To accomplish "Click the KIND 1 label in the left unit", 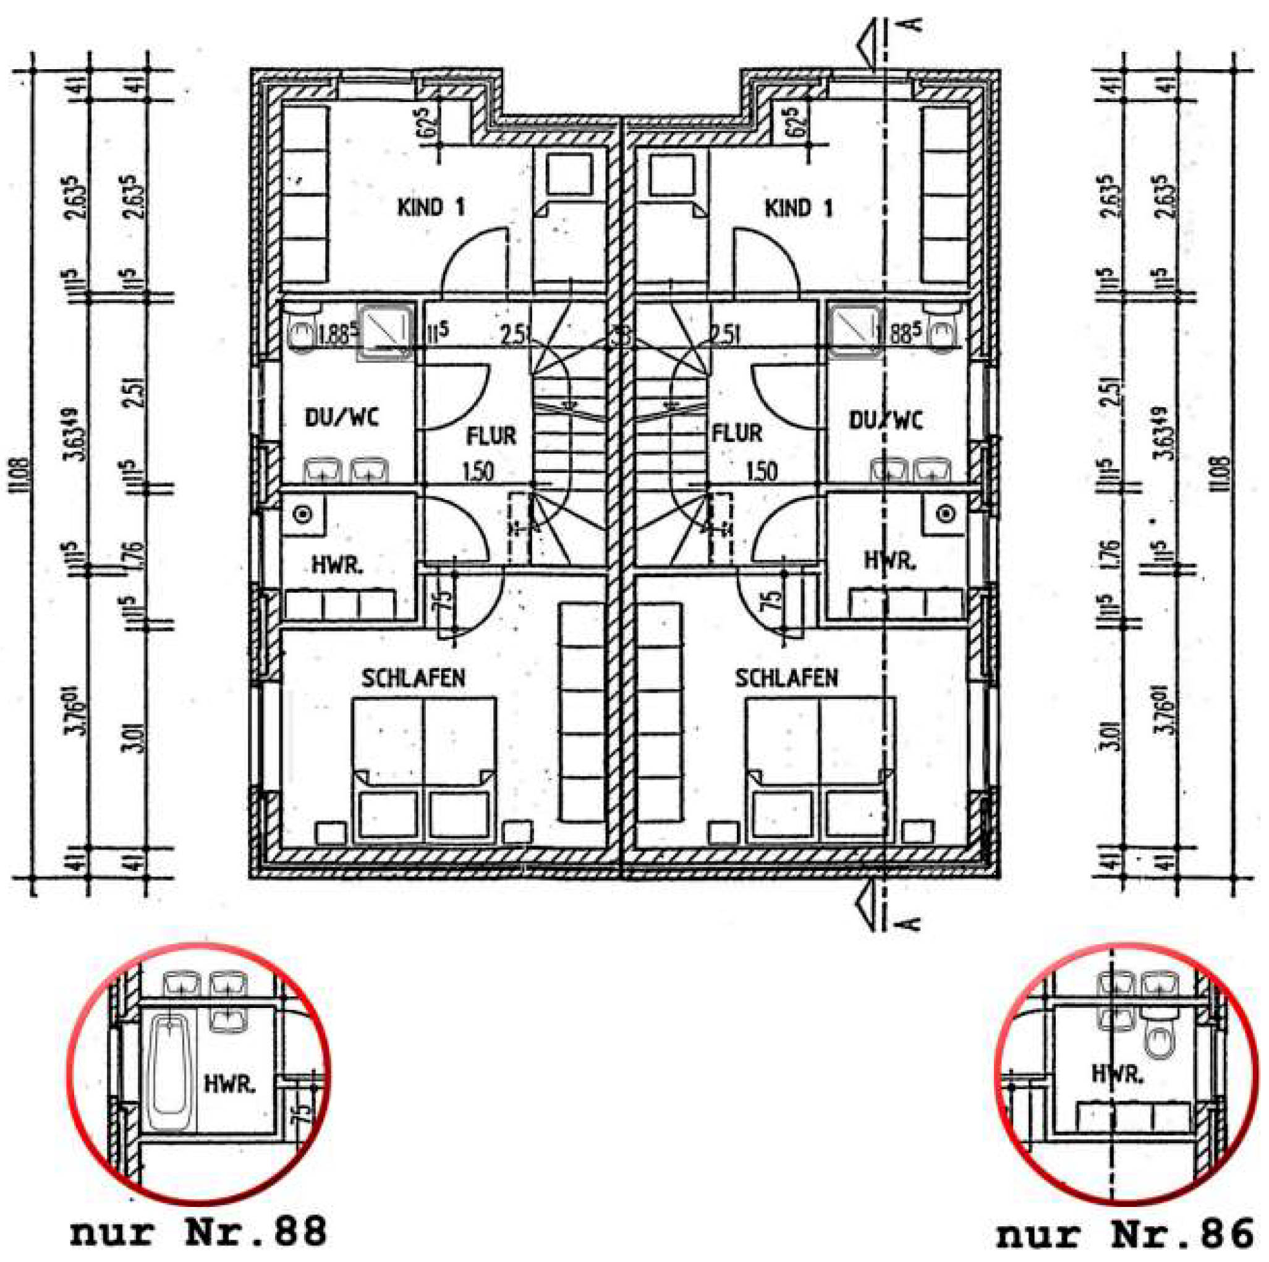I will (x=431, y=208).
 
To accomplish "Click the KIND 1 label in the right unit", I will (x=798, y=209).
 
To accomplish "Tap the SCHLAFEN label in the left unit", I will (x=413, y=678).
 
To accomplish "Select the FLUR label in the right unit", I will (x=737, y=434).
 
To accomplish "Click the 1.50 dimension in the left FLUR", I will (x=478, y=471).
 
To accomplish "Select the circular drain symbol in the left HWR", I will (x=302, y=515).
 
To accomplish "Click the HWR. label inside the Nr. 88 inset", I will (x=230, y=1085).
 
